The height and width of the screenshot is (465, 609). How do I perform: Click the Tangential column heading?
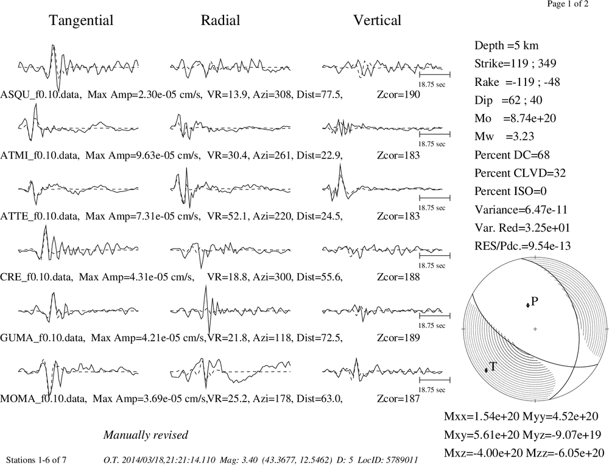point(81,20)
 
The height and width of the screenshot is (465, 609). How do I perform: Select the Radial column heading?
point(220,20)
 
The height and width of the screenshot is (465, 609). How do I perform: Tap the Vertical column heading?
point(377,20)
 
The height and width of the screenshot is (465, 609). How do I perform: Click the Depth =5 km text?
point(507,46)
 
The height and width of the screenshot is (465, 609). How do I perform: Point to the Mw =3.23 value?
point(504,137)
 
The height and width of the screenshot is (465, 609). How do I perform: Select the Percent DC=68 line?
point(512,155)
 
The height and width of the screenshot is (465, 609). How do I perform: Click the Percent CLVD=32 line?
point(520,173)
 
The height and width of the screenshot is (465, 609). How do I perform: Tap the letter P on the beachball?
point(535,301)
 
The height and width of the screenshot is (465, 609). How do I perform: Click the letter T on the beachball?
point(493,366)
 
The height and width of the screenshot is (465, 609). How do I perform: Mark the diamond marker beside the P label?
point(528,305)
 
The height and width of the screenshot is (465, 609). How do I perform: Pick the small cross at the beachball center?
point(535,329)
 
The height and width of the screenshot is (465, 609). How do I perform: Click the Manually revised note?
point(146,435)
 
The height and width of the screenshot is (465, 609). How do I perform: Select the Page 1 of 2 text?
point(568,4)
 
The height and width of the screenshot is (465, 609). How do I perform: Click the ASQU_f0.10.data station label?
point(41,94)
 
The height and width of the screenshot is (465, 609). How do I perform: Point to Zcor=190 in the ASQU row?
point(398,94)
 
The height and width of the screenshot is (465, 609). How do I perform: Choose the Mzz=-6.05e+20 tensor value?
point(565,453)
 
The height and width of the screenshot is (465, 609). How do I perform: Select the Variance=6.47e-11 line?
point(521,210)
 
